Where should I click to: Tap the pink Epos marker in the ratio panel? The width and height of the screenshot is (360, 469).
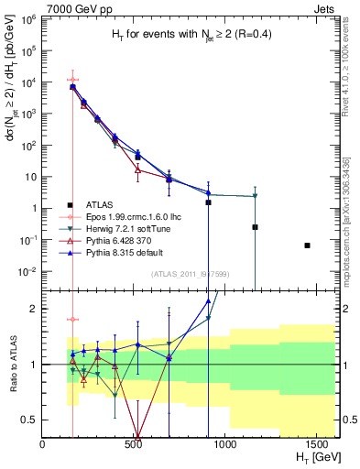coord(72,320)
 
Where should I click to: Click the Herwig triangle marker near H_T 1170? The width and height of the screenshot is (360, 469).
coord(255,196)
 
